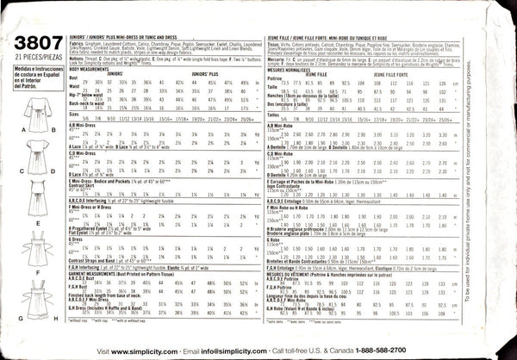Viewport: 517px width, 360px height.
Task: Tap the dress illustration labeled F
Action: click(35, 252)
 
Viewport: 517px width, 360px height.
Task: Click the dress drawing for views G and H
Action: click(35, 298)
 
